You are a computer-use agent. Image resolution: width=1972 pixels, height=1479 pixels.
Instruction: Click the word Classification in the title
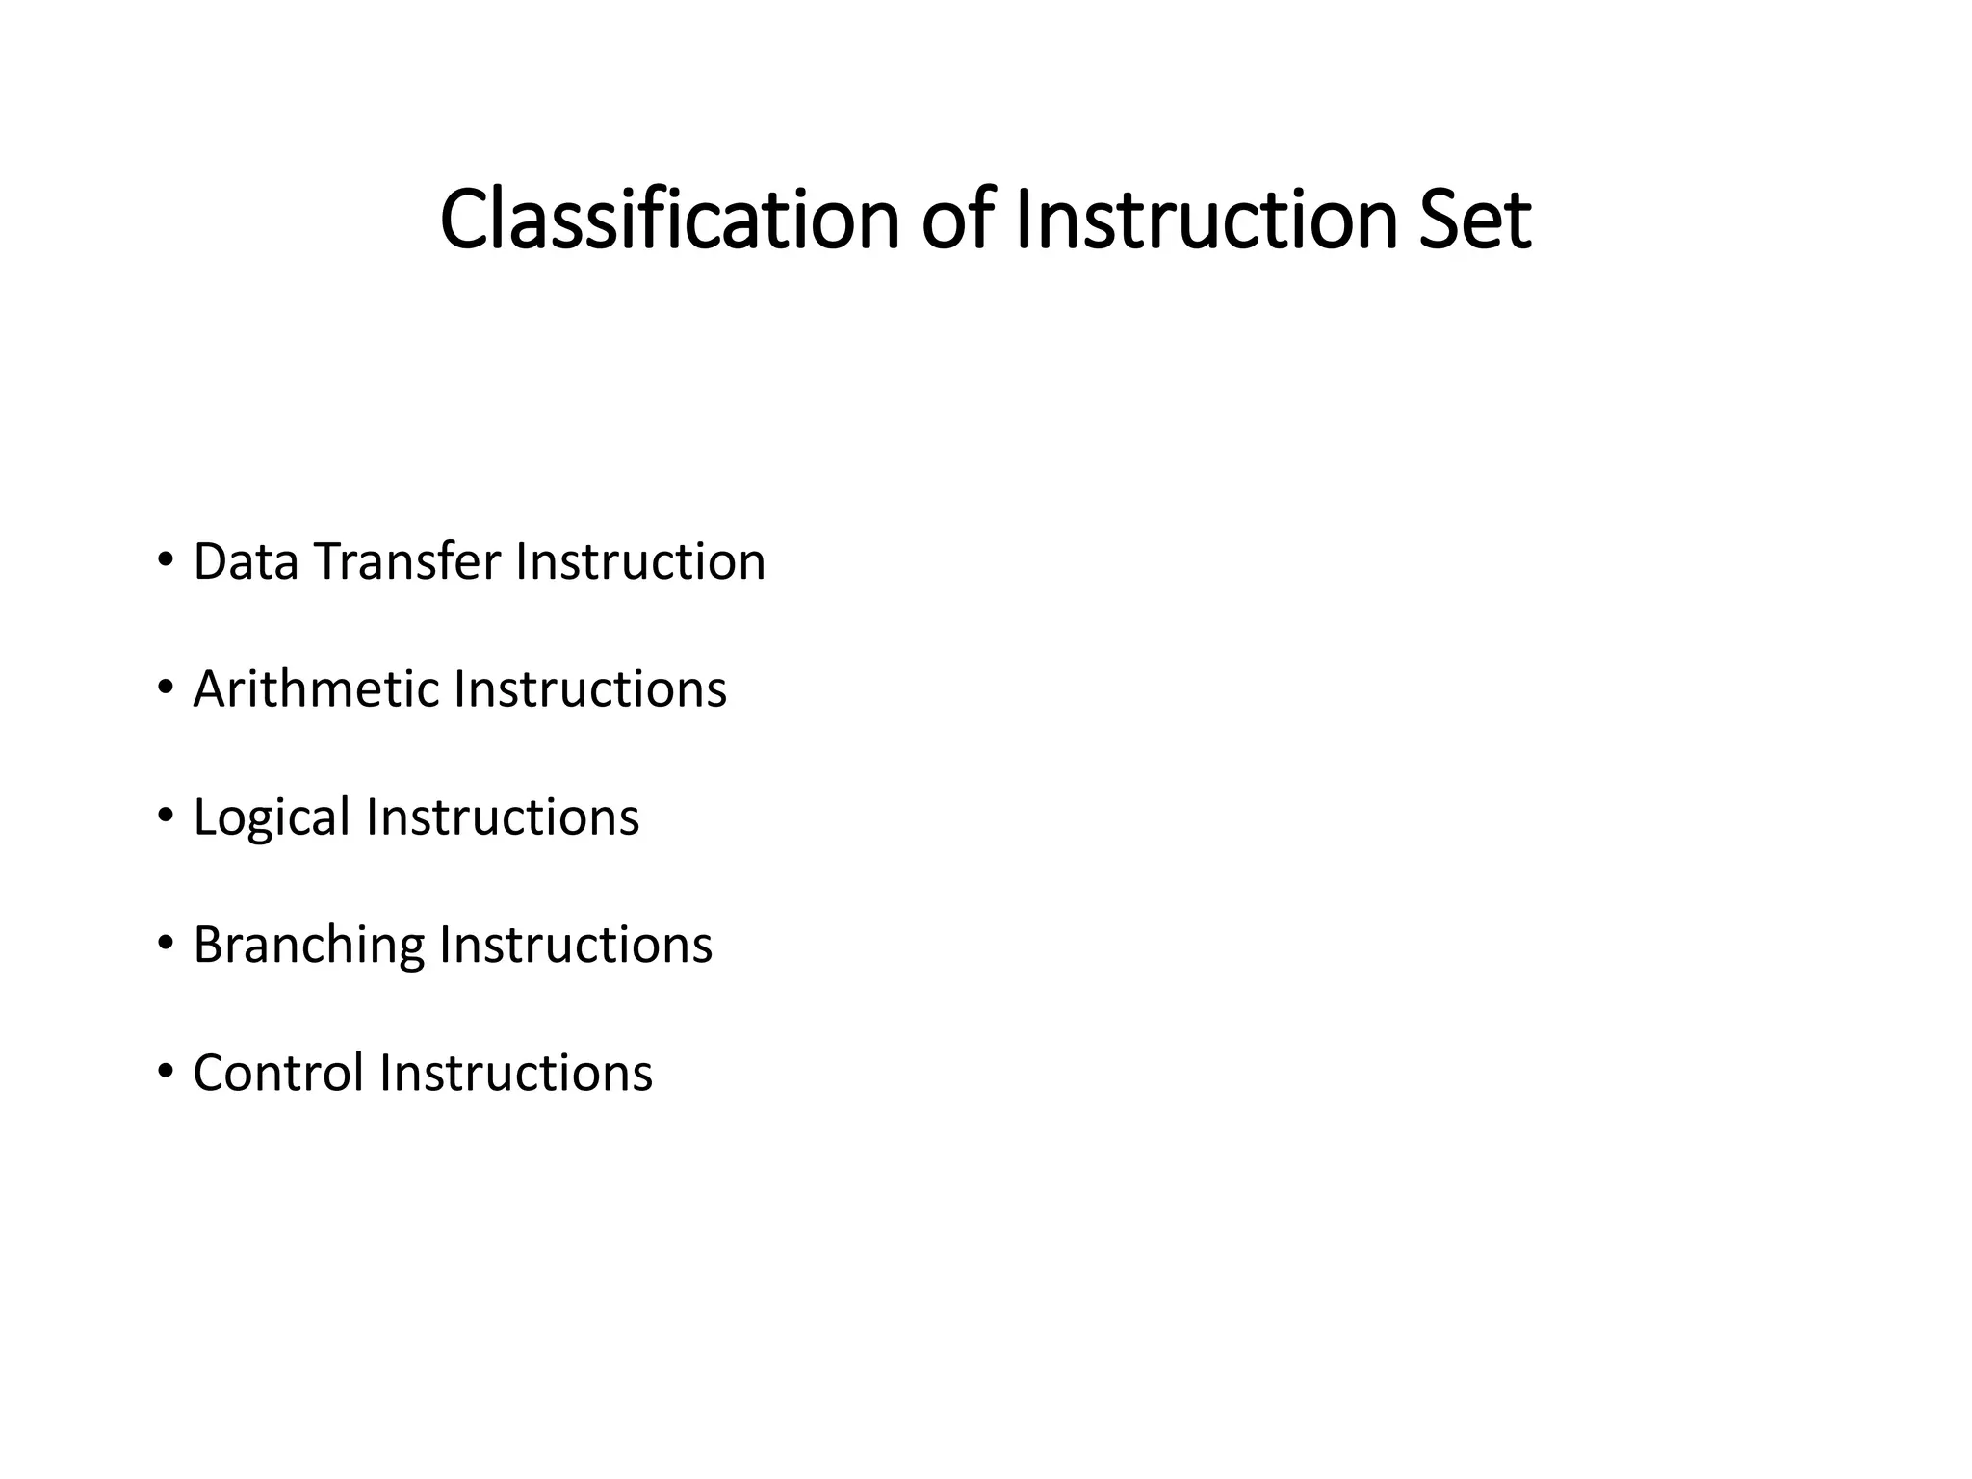[669, 221]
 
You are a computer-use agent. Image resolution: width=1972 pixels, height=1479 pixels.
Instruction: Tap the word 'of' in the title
[955, 221]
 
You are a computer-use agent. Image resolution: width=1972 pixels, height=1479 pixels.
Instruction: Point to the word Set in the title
[1474, 221]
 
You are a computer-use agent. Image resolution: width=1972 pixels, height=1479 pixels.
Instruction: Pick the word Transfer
[406, 561]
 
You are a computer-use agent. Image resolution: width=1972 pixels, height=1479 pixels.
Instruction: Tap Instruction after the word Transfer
[640, 561]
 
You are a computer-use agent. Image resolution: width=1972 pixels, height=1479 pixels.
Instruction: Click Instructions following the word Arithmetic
[590, 689]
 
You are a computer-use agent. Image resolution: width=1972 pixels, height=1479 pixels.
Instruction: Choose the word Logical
[272, 818]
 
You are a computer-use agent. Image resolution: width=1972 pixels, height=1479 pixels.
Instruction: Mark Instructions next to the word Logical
[503, 817]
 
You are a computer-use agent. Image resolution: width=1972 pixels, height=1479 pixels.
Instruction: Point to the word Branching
[308, 946]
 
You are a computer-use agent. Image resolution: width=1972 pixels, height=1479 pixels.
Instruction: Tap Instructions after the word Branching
[576, 946]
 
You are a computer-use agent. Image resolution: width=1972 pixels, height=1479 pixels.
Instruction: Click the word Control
[278, 1074]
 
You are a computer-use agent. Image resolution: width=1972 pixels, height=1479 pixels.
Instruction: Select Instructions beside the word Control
[516, 1074]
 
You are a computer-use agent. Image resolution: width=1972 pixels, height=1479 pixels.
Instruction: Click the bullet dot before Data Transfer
[165, 559]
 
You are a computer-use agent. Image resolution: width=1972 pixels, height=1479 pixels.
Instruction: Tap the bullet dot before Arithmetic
[165, 688]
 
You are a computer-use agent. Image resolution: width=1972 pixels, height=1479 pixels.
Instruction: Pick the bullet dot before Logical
[165, 816]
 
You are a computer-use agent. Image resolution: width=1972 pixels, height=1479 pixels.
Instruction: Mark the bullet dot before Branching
[165, 944]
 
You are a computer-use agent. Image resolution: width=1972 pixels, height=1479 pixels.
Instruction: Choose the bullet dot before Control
[165, 1072]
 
